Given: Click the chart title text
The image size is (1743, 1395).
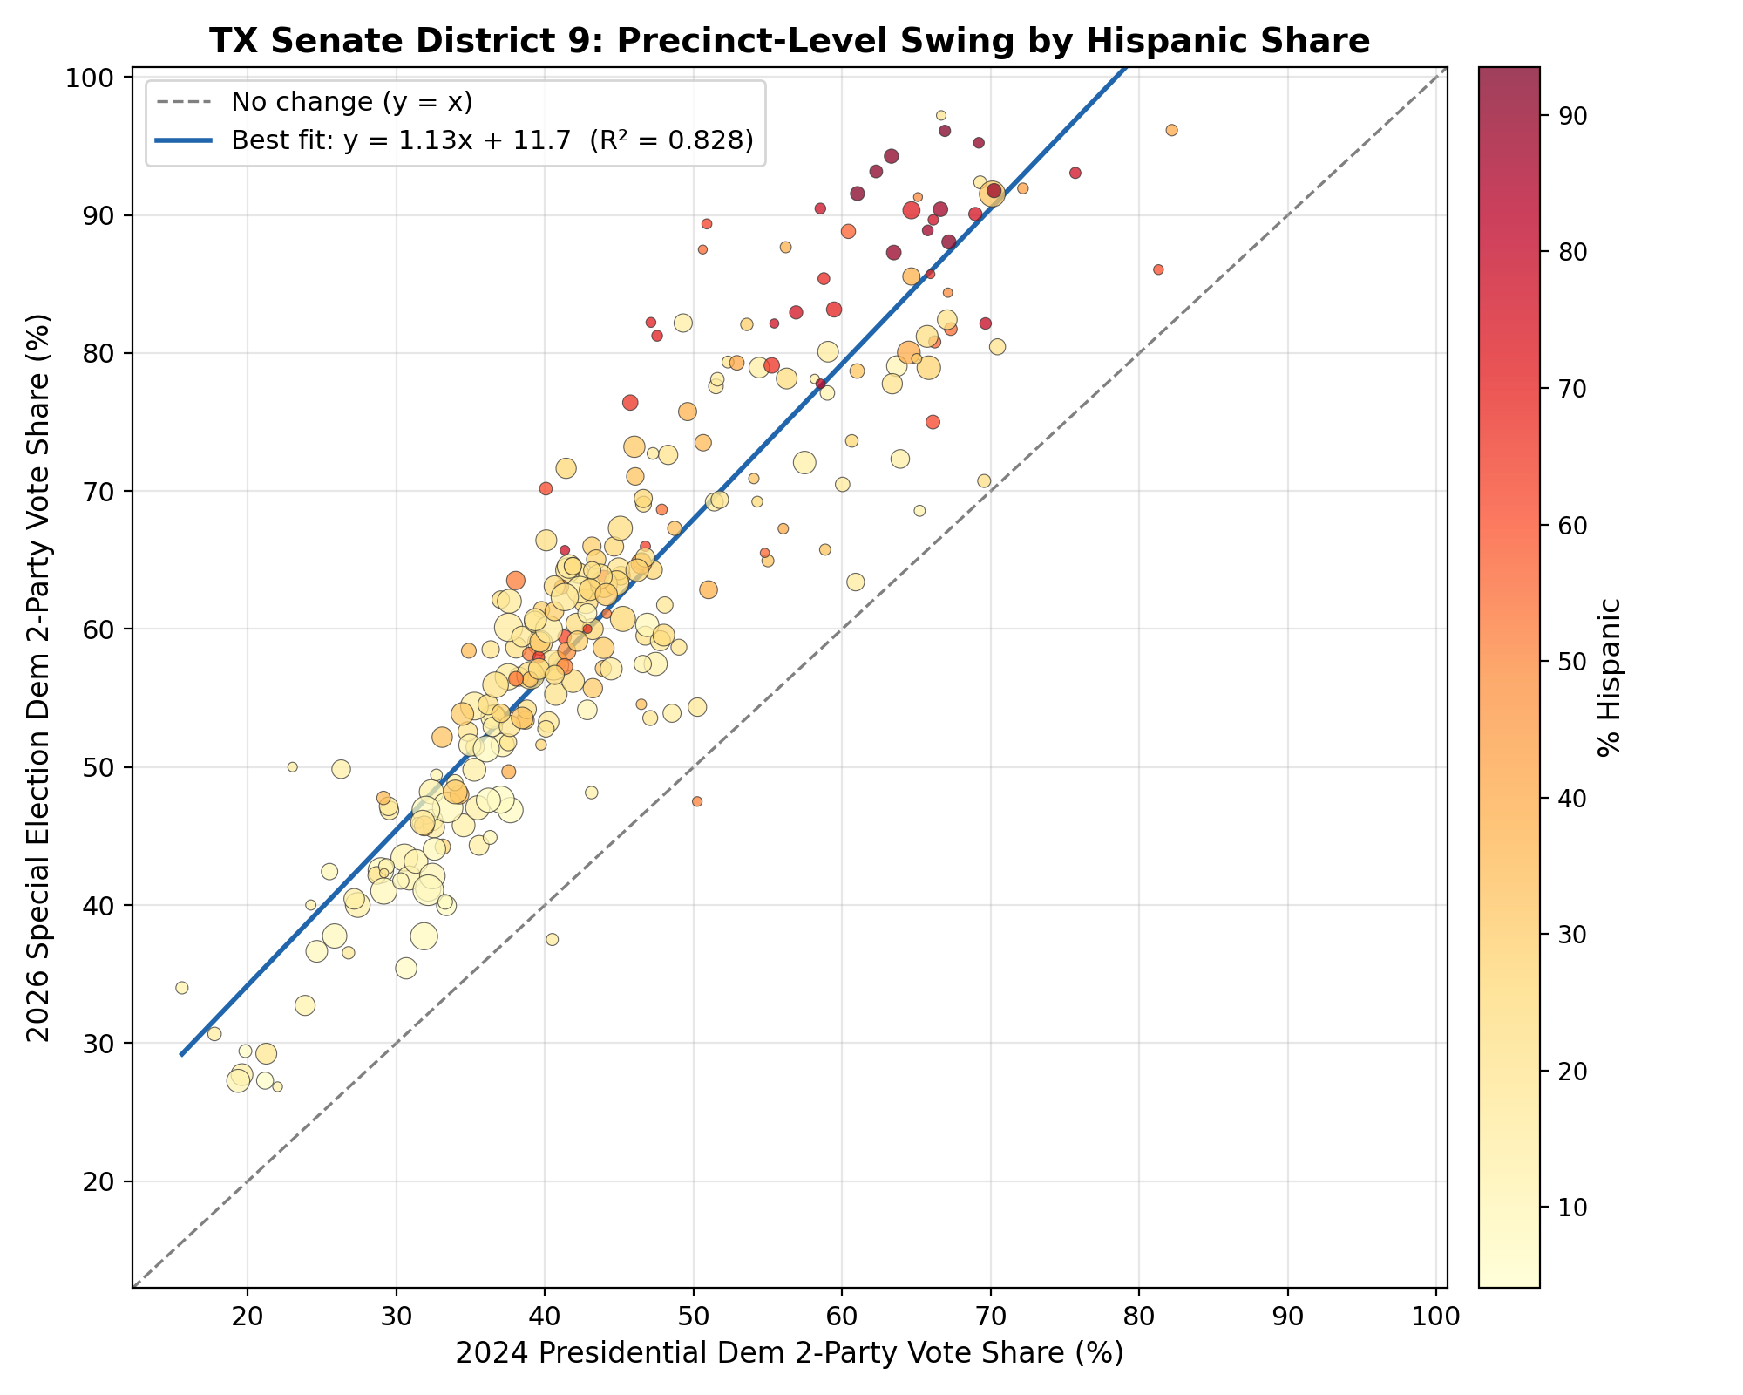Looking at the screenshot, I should pos(789,41).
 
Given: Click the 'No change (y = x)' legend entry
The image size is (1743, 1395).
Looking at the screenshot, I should pos(351,102).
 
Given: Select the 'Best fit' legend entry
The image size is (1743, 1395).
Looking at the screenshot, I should pos(492,140).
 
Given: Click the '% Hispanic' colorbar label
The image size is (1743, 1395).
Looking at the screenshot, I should pos(1610,677).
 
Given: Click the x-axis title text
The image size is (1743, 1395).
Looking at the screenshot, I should pos(789,1352).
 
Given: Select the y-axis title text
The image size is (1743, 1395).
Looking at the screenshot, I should pos(39,677).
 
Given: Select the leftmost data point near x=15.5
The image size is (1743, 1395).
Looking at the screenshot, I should pos(181,988).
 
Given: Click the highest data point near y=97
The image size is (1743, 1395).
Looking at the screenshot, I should pos(941,115).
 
